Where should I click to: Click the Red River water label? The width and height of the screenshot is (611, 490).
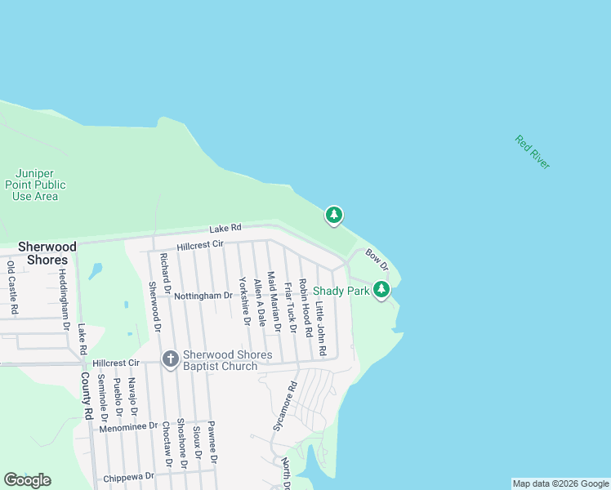pyautogui.click(x=533, y=152)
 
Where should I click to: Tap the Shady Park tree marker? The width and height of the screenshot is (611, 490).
pyautogui.click(x=381, y=289)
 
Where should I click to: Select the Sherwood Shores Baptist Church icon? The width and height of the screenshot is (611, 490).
pyautogui.click(x=170, y=359)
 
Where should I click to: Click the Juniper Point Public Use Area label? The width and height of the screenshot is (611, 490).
pyautogui.click(x=39, y=185)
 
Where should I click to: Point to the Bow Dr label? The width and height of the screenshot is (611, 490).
pyautogui.click(x=376, y=261)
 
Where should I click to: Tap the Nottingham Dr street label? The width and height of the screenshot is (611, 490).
pyautogui.click(x=203, y=296)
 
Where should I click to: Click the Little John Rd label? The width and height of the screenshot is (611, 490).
pyautogui.click(x=321, y=329)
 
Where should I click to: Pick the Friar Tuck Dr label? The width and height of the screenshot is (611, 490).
pyautogui.click(x=289, y=307)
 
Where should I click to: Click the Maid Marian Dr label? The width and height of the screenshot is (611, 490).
pyautogui.click(x=274, y=302)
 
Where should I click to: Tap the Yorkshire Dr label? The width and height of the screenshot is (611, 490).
pyautogui.click(x=243, y=300)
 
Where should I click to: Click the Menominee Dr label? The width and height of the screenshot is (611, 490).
pyautogui.click(x=127, y=426)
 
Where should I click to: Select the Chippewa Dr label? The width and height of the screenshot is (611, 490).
pyautogui.click(x=129, y=477)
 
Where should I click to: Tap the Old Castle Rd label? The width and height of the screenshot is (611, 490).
pyautogui.click(x=12, y=287)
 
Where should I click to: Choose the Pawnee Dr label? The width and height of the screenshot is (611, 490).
pyautogui.click(x=212, y=442)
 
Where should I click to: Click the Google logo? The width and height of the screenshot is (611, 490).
pyautogui.click(x=27, y=480)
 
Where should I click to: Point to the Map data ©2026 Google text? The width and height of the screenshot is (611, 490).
pyautogui.click(x=560, y=483)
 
